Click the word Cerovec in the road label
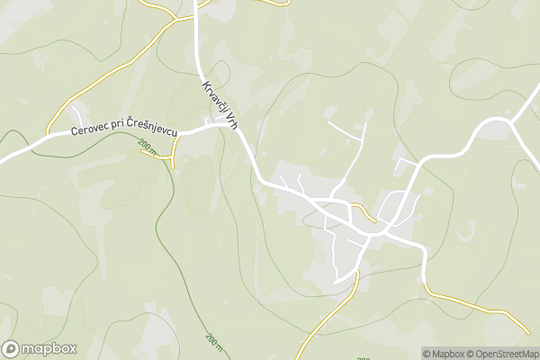point(92,133)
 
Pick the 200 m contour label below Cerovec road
point(147,147)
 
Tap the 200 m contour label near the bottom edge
point(212,341)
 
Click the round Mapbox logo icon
point(11,348)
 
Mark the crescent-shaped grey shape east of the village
point(465,232)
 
